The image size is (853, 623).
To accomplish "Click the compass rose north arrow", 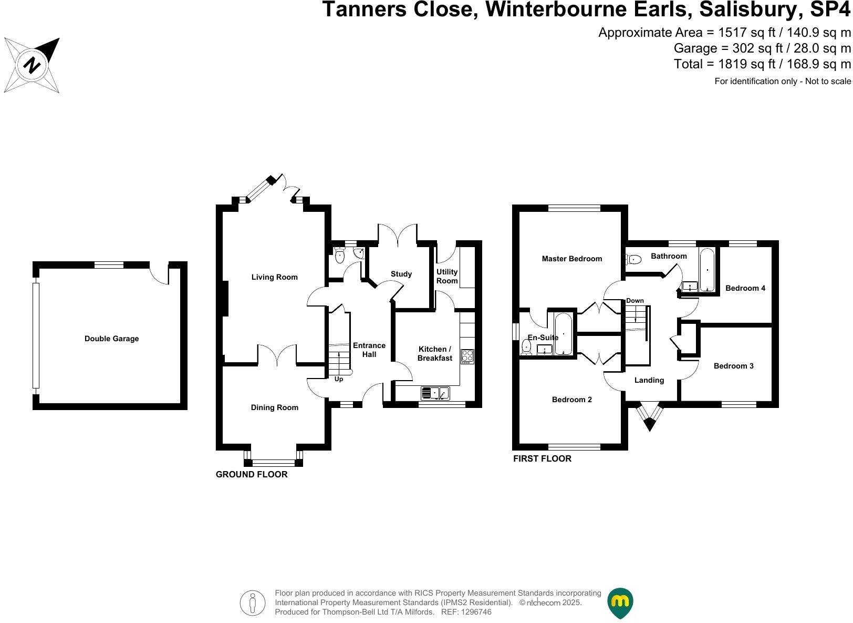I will [x=32, y=65].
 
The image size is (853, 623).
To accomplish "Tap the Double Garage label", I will [x=111, y=339].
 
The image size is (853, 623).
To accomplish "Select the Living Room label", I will [x=274, y=277].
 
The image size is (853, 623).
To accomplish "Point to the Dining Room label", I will [x=274, y=407].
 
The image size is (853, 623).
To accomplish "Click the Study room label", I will [x=401, y=274].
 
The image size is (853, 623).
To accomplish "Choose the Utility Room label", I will [x=447, y=276].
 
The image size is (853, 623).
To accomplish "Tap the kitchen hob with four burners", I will [x=467, y=356].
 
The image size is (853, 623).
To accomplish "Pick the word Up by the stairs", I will [x=339, y=379].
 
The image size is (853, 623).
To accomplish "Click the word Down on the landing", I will [x=634, y=301].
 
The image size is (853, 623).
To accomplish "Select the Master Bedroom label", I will [x=571, y=259].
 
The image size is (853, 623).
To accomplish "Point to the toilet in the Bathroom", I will [x=633, y=259].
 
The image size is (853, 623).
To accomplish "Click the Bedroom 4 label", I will [x=745, y=288].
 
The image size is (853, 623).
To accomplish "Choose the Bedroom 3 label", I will [x=733, y=366].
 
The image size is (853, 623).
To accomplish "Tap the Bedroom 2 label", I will [x=571, y=400].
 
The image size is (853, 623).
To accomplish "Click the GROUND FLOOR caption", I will [x=252, y=474].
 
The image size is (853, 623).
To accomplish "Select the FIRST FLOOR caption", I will [x=542, y=458].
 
